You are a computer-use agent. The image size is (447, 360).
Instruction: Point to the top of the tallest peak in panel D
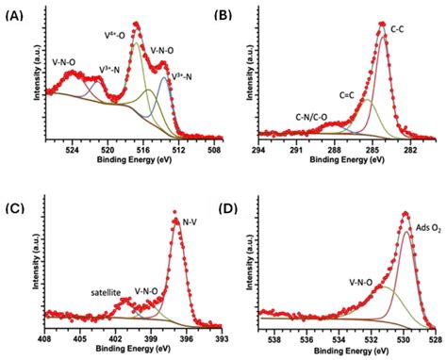pos(406,214)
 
